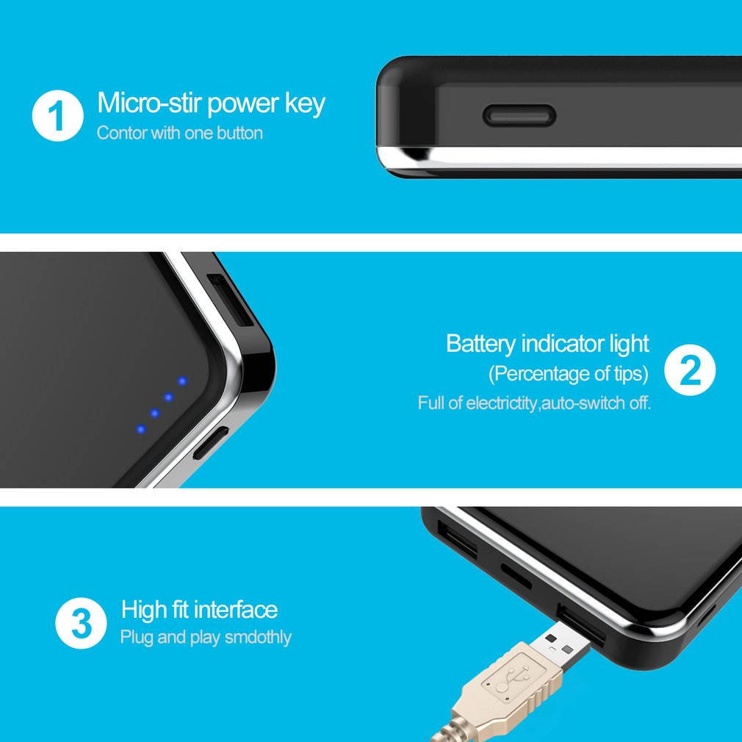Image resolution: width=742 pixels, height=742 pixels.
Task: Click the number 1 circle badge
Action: coord(57,116)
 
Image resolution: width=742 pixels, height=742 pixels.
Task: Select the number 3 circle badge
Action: coord(80,624)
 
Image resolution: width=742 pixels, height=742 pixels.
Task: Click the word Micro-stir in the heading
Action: coord(149,103)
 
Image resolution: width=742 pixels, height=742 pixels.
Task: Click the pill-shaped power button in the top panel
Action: coord(519,115)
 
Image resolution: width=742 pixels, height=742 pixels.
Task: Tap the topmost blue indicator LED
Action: coord(181,381)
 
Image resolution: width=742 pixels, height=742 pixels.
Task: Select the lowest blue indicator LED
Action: coord(141,428)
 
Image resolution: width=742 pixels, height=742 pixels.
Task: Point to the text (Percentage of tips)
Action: coord(569,373)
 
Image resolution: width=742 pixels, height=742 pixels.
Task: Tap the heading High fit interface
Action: coord(199,610)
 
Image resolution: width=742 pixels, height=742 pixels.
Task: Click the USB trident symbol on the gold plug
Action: coord(508,680)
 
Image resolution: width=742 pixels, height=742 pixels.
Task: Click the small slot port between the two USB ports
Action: coord(516,576)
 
